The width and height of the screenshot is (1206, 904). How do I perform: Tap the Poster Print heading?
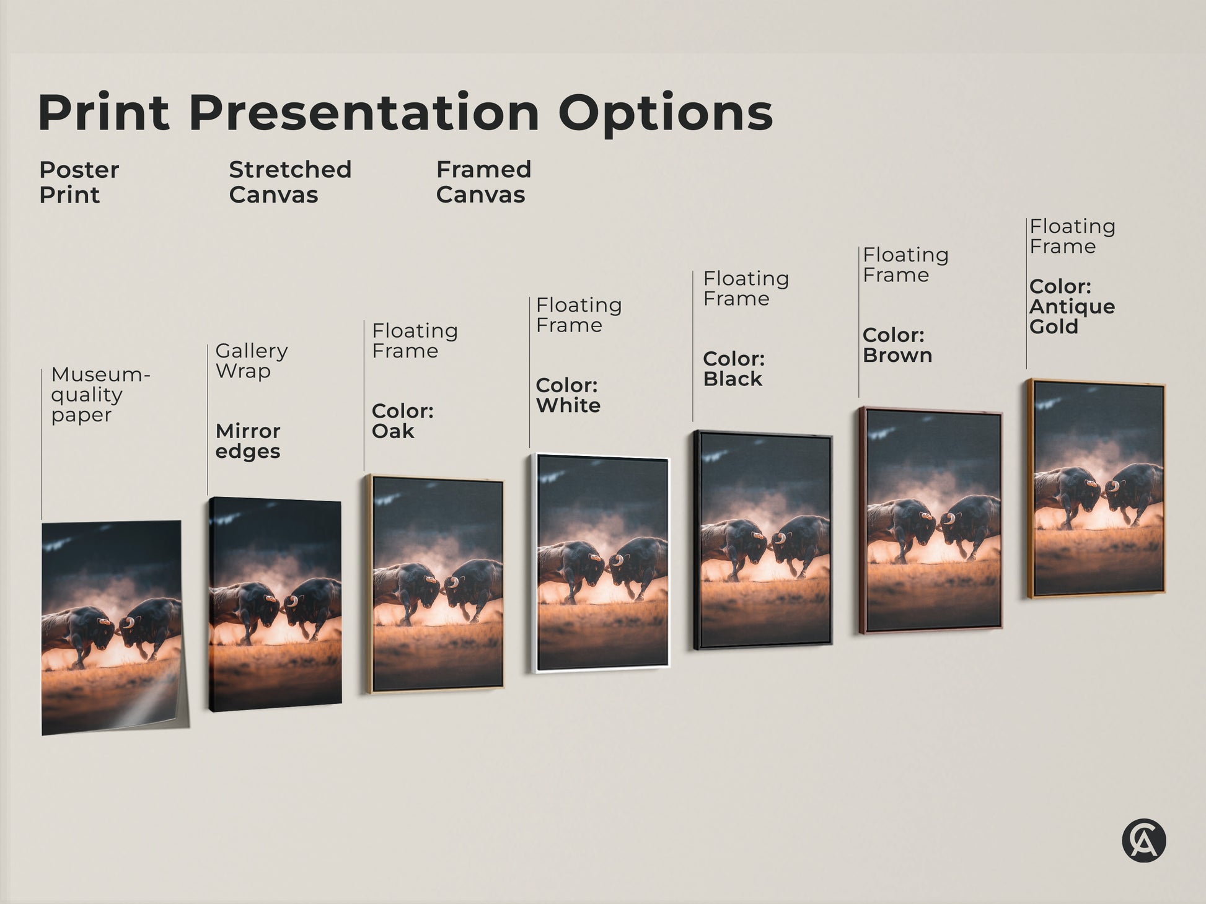pos(79,182)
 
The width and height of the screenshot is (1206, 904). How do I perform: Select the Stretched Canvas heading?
pos(290,182)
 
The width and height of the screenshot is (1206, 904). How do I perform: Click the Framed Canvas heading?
pos(483,182)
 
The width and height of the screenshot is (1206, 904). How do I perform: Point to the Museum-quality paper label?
pos(100,395)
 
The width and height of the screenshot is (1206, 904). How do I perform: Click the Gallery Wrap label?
pos(251,361)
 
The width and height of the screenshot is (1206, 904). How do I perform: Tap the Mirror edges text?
pos(248,441)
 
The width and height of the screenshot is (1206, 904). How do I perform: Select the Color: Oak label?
pos(402,421)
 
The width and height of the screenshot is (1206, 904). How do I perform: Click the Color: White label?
pos(568,395)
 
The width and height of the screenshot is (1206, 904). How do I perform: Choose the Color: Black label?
pos(734,369)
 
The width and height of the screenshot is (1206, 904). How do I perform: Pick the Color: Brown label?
pos(897,345)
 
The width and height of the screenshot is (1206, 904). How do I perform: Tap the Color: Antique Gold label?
pos(1072,307)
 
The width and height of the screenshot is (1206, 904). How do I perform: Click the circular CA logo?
pos(1143,841)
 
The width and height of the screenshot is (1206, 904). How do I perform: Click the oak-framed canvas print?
pos(435,584)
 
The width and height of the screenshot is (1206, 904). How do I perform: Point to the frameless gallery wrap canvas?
pos(275,604)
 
